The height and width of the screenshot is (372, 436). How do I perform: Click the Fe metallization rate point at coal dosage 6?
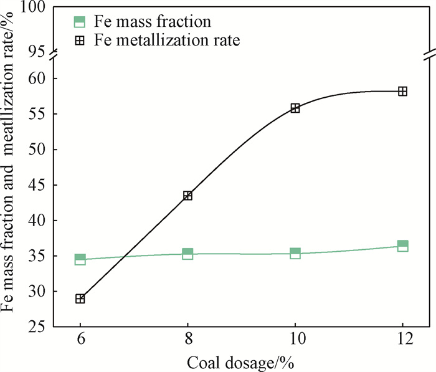click(80, 298)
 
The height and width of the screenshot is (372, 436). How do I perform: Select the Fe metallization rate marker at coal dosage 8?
click(187, 196)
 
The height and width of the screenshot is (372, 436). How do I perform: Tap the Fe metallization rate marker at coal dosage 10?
click(295, 108)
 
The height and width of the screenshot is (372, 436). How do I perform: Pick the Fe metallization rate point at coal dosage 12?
click(402, 91)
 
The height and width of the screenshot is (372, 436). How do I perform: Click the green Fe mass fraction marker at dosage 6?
click(80, 259)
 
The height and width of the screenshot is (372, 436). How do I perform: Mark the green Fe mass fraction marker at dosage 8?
click(187, 254)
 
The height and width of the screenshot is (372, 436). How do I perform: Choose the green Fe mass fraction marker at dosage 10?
click(295, 253)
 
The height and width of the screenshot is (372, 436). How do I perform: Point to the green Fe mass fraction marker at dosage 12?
click(402, 246)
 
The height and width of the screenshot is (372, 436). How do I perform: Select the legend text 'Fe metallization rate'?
click(168, 41)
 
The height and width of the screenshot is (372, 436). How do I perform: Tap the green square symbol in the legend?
click(79, 22)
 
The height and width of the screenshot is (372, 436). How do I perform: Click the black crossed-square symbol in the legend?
click(79, 41)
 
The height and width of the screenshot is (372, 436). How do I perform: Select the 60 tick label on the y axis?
click(39, 79)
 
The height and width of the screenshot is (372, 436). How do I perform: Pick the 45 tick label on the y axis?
click(39, 185)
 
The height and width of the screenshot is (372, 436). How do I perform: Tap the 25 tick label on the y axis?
click(39, 327)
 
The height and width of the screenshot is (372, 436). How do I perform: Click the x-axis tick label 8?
click(187, 341)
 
